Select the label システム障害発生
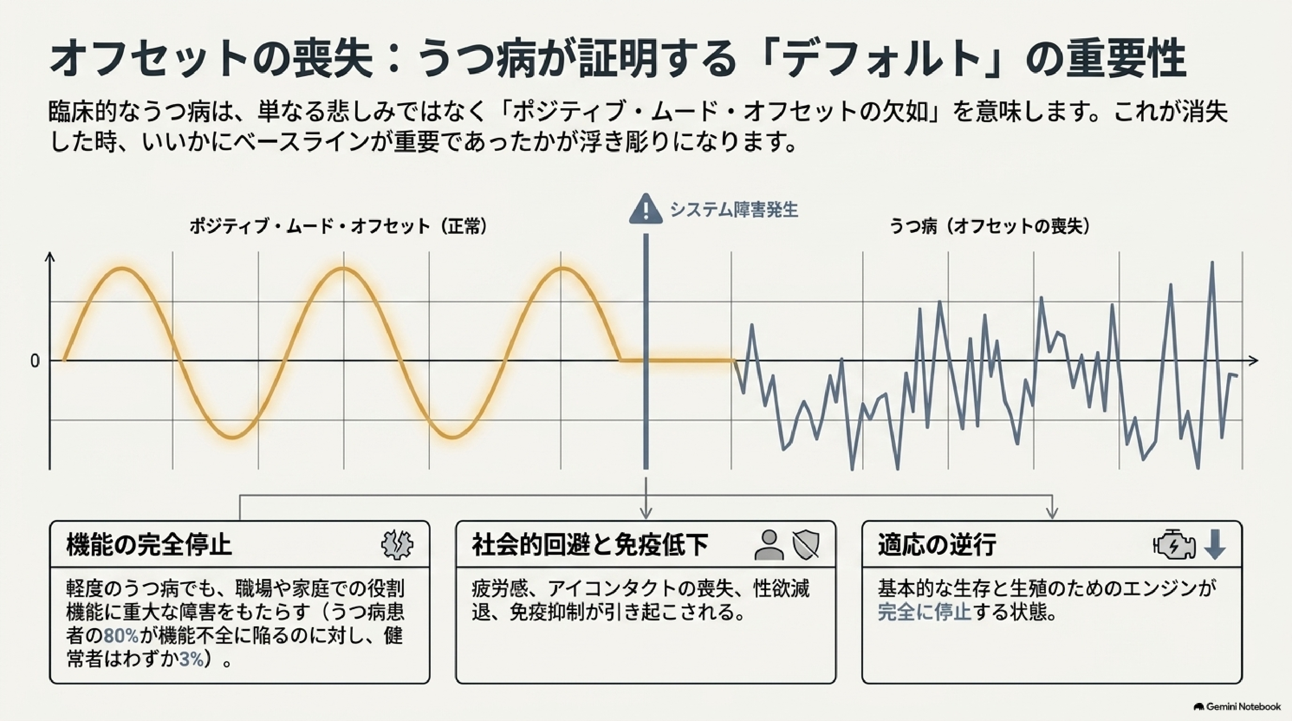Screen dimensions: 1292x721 coord(734,210)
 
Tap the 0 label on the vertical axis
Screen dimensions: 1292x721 coord(35,361)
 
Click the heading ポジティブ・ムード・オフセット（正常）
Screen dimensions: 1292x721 coord(338,227)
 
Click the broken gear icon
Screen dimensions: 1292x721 coord(397,544)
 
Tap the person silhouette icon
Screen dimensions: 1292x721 coord(769,545)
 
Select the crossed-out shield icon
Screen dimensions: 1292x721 coord(806,545)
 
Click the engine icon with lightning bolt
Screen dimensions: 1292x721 coord(1174,544)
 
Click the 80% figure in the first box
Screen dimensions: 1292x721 coord(121,636)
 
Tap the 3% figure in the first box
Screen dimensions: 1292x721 coord(192,659)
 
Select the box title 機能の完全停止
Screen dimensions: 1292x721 coord(149,545)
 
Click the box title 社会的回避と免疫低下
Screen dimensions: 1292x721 coord(590,545)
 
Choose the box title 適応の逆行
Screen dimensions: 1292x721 coord(937,545)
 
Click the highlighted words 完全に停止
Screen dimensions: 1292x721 coord(925,612)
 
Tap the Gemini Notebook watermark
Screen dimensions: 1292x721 coord(1237,707)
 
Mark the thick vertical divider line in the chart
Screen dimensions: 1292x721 coord(646,351)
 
